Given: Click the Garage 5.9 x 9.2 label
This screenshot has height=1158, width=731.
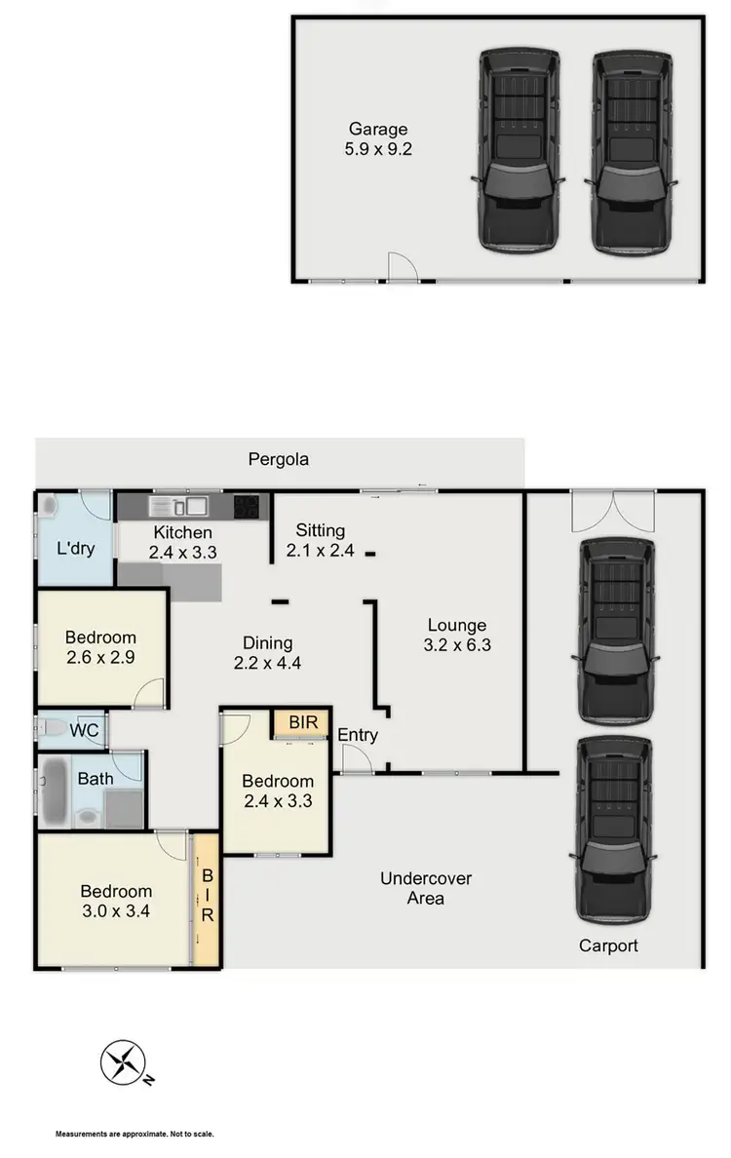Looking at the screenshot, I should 379,139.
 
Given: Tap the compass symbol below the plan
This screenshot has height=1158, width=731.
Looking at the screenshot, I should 124,1062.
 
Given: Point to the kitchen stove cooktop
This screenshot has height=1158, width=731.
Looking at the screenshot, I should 248,506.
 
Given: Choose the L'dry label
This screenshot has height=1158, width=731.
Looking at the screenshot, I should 76,548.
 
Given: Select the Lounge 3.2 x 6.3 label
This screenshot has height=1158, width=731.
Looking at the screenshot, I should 456,635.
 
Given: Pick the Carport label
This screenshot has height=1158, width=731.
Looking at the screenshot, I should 608,946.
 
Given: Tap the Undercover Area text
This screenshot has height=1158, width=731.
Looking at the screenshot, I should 426,888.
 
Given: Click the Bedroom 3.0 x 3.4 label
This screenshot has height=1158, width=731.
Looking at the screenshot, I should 116,901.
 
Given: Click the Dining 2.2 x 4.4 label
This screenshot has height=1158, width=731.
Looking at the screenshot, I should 268,652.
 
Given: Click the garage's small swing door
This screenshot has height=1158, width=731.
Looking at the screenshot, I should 403,267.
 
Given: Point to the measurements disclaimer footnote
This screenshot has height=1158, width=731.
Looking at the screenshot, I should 135,1135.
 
